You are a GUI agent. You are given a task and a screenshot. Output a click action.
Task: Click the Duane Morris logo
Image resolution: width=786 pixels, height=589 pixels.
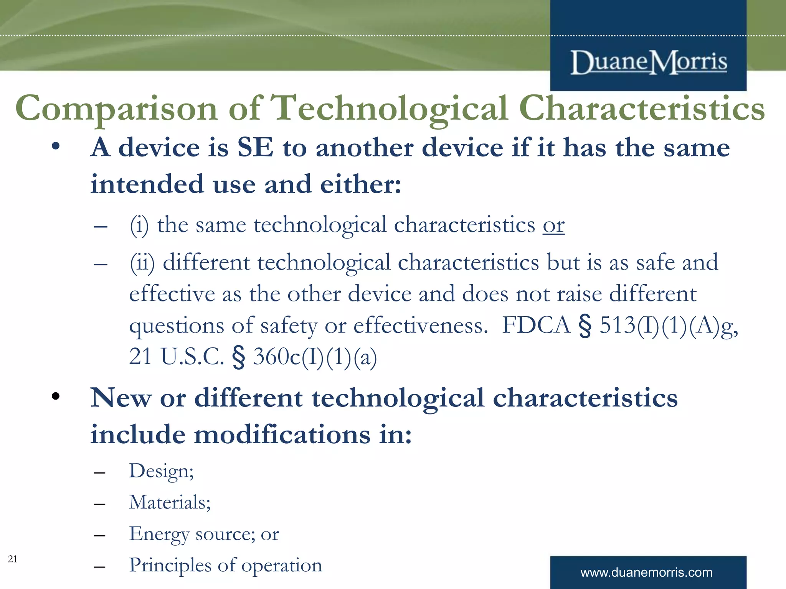[x=648, y=63]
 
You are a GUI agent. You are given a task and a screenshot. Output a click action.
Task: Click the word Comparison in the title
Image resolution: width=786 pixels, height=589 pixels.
[x=116, y=109]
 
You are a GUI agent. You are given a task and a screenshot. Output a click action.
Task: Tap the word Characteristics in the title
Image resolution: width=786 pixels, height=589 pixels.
[x=642, y=109]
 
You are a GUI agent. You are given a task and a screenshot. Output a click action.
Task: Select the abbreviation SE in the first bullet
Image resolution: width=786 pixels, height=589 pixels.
[x=255, y=148]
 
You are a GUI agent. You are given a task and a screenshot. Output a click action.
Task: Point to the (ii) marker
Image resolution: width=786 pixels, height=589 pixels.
[x=142, y=263]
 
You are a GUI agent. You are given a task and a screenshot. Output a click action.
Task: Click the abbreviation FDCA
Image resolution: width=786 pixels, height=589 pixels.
[x=536, y=325]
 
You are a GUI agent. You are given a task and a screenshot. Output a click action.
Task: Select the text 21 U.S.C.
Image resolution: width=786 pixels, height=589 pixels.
[x=176, y=357]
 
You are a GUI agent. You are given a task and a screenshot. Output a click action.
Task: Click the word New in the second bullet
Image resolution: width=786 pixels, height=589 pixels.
[x=121, y=398]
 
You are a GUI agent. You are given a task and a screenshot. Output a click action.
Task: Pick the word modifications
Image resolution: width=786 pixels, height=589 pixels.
[x=282, y=435]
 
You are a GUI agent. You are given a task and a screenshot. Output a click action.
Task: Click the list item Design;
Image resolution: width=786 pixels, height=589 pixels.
[x=161, y=471]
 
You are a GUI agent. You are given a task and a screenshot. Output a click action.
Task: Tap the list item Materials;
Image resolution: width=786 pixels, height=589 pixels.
[x=170, y=502]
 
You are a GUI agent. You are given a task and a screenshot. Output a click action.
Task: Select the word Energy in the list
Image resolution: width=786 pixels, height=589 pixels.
[x=159, y=534]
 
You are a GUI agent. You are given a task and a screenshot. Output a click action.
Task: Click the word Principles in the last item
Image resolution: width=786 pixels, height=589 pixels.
[x=169, y=566]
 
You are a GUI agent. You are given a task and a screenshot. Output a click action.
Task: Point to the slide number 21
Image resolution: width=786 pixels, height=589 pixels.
[x=12, y=559]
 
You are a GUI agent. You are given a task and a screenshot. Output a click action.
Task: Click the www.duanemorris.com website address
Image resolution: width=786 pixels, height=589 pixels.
[x=646, y=573]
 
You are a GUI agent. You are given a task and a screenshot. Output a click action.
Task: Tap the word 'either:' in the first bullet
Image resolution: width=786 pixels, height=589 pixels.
[x=360, y=184]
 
